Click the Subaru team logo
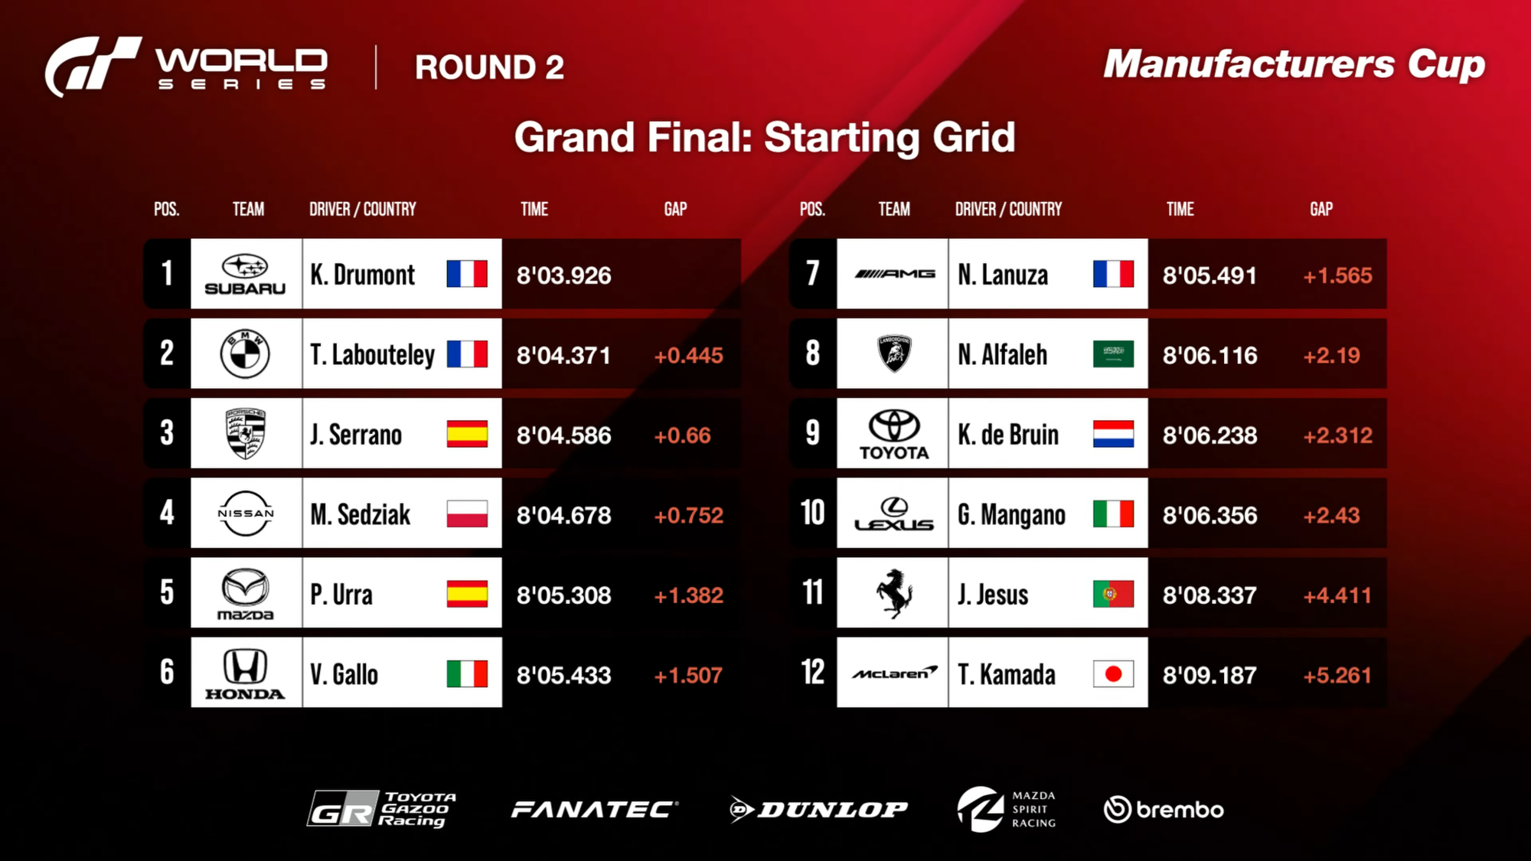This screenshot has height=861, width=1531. (x=245, y=275)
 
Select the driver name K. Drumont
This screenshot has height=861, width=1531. (x=362, y=275)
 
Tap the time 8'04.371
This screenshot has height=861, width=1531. (x=563, y=355)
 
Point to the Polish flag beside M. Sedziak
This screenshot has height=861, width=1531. (x=467, y=514)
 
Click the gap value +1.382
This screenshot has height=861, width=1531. (x=688, y=595)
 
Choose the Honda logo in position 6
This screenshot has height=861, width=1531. (x=245, y=673)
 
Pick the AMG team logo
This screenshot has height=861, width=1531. (x=894, y=274)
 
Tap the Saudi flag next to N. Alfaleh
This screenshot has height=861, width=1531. (x=1113, y=354)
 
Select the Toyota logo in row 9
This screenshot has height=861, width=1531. (x=894, y=435)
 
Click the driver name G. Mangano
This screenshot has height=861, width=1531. (x=1011, y=515)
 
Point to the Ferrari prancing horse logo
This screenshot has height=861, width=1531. (x=894, y=593)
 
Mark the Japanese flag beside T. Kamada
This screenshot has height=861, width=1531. (x=1113, y=673)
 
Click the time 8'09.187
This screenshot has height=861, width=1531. (x=1209, y=675)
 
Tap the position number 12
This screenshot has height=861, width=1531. (x=812, y=673)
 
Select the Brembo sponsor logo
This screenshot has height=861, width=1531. (x=1164, y=809)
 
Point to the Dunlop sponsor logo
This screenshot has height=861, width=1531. (x=818, y=810)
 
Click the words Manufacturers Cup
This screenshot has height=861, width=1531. (x=1294, y=65)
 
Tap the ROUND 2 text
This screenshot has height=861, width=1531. (x=489, y=67)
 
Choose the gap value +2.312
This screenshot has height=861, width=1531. (x=1337, y=435)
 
